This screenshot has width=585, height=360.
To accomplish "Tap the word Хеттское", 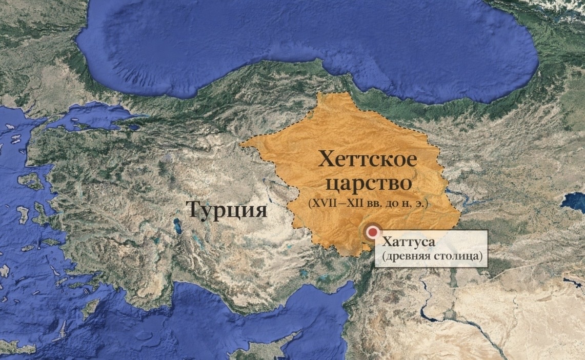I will tap(368, 159).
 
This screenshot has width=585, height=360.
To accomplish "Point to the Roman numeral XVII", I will tap(321, 204).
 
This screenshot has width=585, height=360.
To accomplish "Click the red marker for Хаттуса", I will tap(371, 232).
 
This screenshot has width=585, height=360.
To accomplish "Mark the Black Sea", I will tap(308, 41).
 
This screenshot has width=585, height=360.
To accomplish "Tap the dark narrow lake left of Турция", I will tap(177, 225).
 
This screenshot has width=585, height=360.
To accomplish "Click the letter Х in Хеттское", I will tap(327, 159).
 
